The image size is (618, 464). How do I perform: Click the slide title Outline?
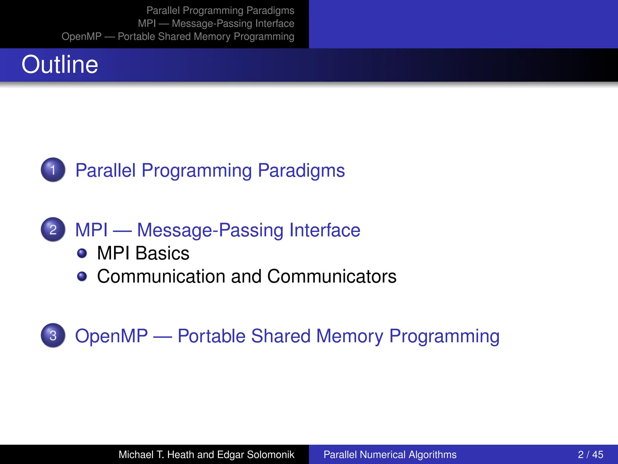pos(60,65)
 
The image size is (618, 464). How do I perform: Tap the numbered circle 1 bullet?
pos(53,170)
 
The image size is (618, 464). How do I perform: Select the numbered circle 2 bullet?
pos(53,230)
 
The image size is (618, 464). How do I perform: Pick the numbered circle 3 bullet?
pos(53,336)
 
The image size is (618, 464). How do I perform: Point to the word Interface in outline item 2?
pos(325,230)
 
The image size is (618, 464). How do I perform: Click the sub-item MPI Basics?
pos(143,253)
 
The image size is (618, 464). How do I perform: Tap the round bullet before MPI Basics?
pos(82,253)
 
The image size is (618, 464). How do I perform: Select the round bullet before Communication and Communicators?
pos(82,276)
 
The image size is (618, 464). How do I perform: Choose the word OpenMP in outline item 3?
pos(111,336)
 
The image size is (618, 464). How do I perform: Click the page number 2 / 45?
pos(590,455)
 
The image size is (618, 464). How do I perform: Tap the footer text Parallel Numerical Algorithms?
pos(390,455)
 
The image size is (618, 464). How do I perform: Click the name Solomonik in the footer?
pos(270,455)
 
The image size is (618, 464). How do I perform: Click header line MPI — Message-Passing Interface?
pos(216,24)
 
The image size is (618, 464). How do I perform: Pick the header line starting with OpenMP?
pos(178,37)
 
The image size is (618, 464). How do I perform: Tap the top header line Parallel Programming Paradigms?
pos(220,11)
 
